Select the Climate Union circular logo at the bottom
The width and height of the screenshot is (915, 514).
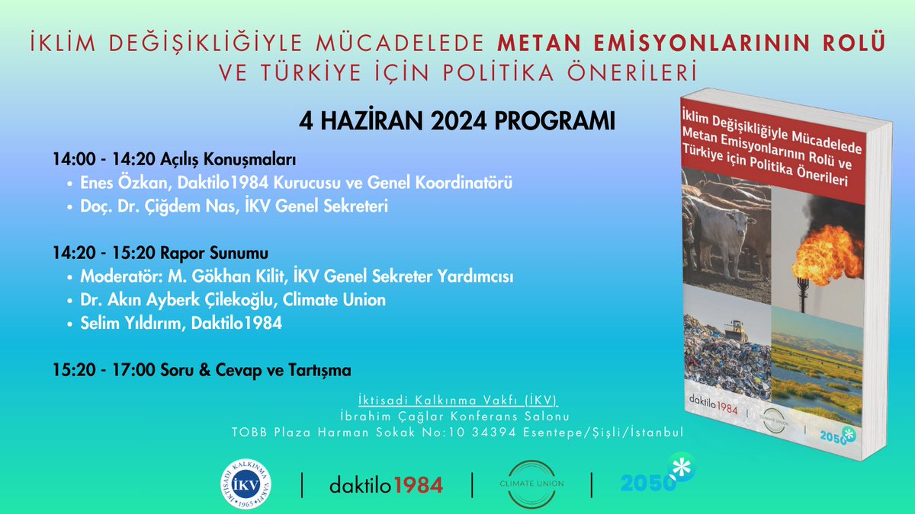[x=532, y=484]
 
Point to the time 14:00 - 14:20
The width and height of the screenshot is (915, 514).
[x=102, y=161]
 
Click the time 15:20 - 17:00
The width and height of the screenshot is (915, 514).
[x=102, y=371]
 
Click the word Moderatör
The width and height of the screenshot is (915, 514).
[x=117, y=276]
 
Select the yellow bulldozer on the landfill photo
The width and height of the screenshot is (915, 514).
[x=736, y=328]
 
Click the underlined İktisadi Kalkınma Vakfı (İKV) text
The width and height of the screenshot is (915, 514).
[x=457, y=400]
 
